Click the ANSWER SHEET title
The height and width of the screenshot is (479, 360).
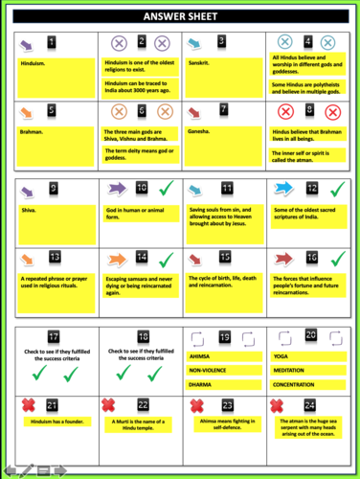point(180,18)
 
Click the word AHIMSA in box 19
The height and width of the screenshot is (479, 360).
point(202,357)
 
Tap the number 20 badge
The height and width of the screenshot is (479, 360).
point(311,334)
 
